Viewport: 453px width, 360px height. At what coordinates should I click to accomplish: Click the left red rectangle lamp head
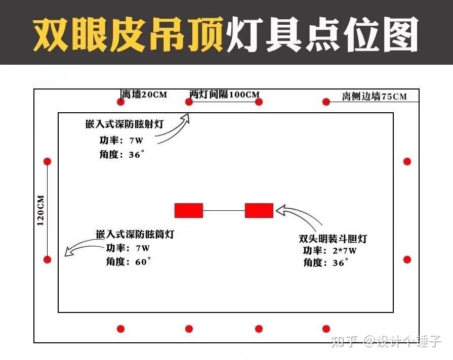coord(189,210)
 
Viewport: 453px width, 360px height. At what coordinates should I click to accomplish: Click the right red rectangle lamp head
coord(259,210)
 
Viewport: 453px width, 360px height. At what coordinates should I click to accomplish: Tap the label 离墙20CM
coord(144,94)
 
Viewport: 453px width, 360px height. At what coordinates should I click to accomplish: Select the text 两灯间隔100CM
coord(225,95)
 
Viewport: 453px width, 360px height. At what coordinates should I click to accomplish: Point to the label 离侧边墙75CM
coord(374,97)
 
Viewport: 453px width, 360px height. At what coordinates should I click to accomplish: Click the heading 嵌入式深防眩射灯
coord(125,124)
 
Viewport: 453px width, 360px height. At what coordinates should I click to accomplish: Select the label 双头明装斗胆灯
coord(333,239)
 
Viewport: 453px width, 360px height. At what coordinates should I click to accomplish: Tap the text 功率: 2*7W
coord(330,251)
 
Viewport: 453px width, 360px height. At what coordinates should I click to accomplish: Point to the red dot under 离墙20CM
coord(121,102)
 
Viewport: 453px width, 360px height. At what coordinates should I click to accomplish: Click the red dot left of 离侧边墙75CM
coord(326,102)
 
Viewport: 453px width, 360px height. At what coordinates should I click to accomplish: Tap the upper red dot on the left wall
coord(48,162)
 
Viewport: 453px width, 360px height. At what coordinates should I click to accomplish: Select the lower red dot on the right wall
coord(407,259)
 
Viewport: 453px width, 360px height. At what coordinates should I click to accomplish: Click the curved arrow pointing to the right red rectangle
coord(301,216)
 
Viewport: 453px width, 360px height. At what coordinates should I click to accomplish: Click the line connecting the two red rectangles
coord(224,210)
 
